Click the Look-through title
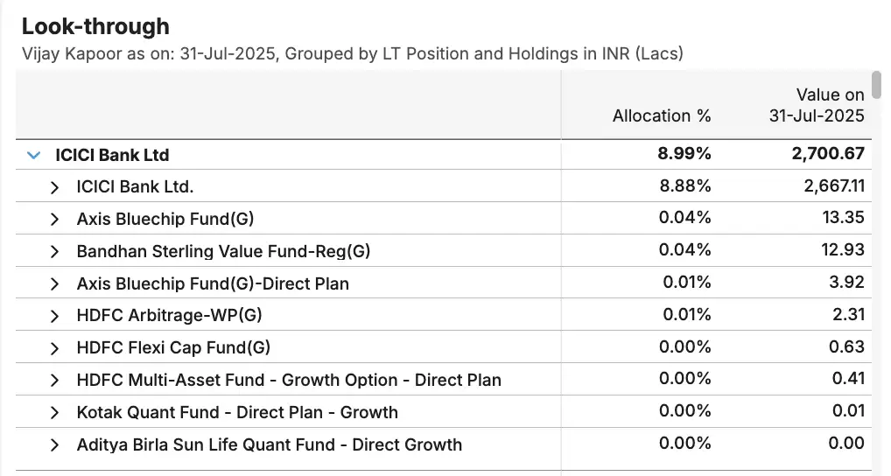coord(95,27)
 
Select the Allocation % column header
coord(662,115)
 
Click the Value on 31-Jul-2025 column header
coord(817,105)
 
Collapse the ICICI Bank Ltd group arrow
coord(34,155)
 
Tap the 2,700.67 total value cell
coord(828,155)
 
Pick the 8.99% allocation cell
coord(684,155)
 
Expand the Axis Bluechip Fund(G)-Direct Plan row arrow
coord(55,283)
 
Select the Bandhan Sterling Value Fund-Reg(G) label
coord(223,251)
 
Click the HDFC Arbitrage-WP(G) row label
coord(169,315)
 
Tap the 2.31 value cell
coord(847,315)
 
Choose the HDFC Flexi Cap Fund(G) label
coord(173,347)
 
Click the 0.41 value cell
coord(847,379)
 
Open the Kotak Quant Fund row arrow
coord(55,412)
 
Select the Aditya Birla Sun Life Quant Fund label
coord(269,444)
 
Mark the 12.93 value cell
coord(843,251)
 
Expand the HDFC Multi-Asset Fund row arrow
coord(55,380)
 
